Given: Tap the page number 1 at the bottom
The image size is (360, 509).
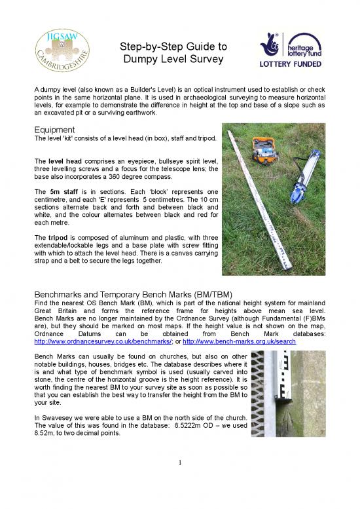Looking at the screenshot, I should (180, 464).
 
